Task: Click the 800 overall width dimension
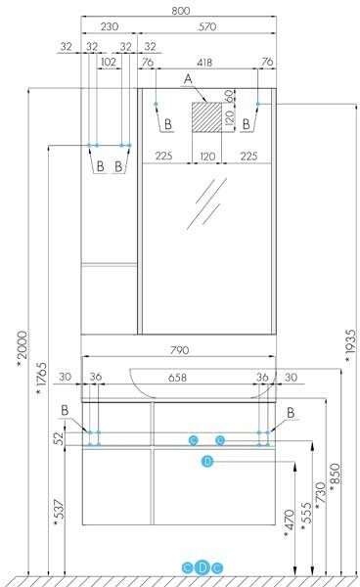point(181,11)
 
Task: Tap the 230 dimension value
point(110,26)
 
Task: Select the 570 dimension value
point(207,26)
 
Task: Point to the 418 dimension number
point(204,63)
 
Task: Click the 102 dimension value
point(109,62)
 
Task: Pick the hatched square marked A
point(207,116)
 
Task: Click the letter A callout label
point(188,79)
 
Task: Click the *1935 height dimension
point(350,346)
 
